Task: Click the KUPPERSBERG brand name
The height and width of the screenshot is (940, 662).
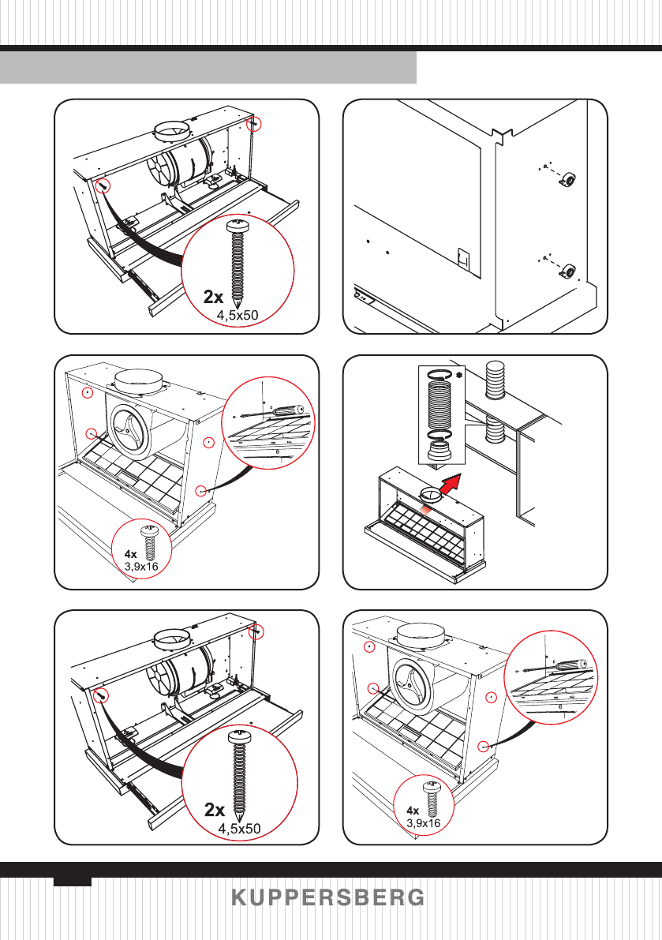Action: tap(328, 897)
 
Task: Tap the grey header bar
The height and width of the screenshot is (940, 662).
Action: tap(208, 67)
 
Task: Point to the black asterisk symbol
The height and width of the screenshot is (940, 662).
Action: tap(459, 375)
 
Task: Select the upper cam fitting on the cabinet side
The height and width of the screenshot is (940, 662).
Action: tap(569, 178)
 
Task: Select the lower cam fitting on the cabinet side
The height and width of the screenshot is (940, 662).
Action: tap(568, 271)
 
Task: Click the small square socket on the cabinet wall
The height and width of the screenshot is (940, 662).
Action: tap(462, 258)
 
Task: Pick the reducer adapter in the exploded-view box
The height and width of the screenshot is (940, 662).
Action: tap(442, 451)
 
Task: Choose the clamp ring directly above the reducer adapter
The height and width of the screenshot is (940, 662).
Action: tap(442, 435)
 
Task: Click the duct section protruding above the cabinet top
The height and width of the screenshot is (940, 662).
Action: tap(495, 379)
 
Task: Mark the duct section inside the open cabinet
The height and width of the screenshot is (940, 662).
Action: tap(495, 430)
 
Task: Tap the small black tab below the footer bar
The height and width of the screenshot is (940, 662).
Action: tap(73, 882)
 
